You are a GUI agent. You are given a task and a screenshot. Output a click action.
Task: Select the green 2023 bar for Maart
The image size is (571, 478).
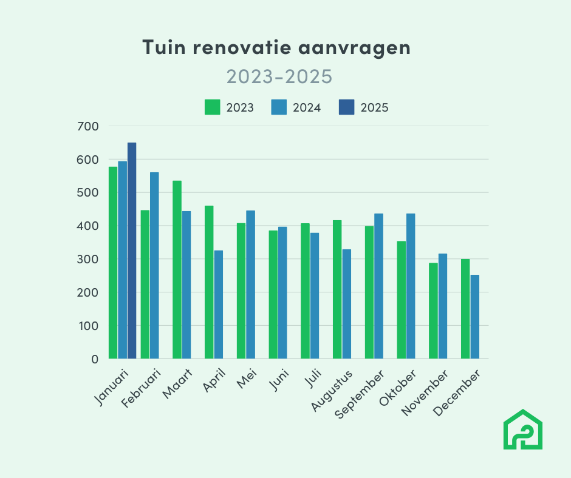(x=177, y=269)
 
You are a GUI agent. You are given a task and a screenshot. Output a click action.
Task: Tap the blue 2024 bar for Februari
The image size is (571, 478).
(x=154, y=265)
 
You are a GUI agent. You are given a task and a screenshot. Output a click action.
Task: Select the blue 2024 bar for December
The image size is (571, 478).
(x=474, y=317)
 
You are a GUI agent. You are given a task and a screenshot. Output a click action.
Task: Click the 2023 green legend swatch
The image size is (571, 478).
(x=212, y=107)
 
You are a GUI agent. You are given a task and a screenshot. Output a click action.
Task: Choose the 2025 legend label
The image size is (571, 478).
(x=374, y=108)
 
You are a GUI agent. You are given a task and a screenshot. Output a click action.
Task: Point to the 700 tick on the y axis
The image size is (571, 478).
(x=88, y=126)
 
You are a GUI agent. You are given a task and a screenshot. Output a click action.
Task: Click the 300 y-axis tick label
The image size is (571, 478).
(x=88, y=259)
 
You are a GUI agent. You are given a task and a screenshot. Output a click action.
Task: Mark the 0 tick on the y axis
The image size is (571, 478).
(x=94, y=358)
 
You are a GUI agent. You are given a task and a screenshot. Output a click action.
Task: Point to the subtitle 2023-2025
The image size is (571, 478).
(x=279, y=76)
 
